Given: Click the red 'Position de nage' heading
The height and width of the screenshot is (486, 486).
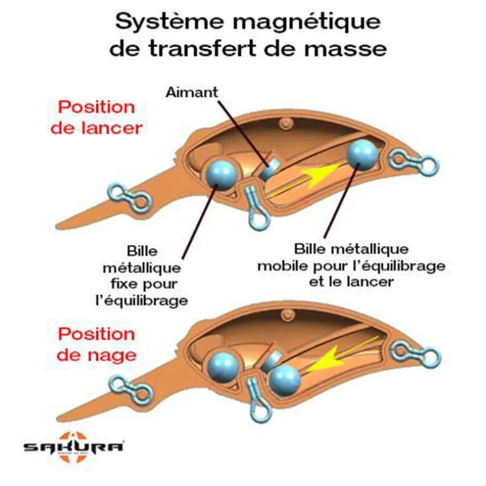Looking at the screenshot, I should pos(97,344).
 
